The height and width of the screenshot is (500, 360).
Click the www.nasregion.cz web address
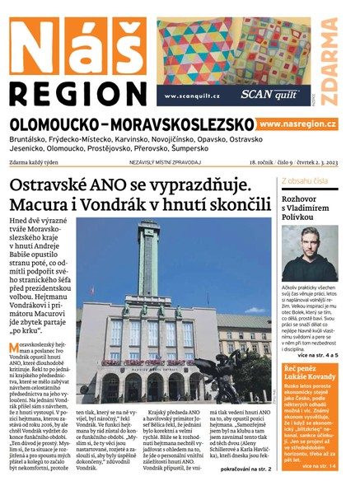pos(298,124)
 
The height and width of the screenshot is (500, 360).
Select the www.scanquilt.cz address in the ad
pos(194,95)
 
